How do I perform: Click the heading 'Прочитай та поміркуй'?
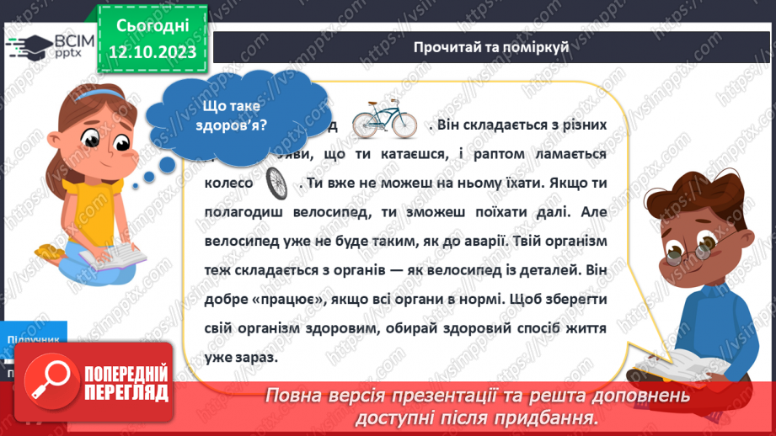click(x=491, y=47)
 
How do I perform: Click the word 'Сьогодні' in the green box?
click(x=153, y=25)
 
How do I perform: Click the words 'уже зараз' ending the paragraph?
click(x=241, y=358)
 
